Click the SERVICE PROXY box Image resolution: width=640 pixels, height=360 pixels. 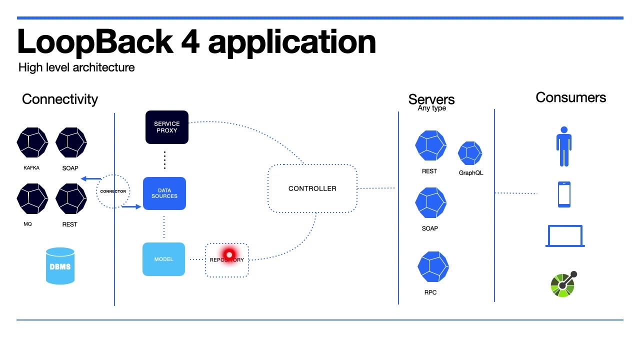click(166, 127)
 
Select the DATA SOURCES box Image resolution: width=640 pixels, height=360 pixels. click(164, 193)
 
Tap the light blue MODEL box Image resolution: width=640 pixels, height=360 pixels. click(163, 259)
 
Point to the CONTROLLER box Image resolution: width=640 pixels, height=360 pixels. click(312, 188)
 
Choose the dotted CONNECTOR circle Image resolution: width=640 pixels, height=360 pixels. click(112, 191)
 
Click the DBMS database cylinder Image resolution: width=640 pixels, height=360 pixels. click(60, 266)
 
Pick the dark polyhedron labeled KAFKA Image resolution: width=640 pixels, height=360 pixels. click(32, 142)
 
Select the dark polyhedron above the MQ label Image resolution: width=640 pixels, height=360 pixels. click(32, 198)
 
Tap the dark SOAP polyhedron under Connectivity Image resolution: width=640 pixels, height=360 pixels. click(71, 142)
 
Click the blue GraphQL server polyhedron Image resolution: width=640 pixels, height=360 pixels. click(470, 153)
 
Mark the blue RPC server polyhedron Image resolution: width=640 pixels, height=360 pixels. click(433, 267)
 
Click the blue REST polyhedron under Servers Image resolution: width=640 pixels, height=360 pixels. click(430, 146)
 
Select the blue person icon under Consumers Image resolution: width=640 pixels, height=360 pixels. click(563, 146)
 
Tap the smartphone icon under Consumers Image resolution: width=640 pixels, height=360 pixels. click(564, 194)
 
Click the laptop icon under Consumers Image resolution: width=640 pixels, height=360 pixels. click(565, 236)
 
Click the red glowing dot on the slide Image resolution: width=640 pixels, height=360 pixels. click(229, 255)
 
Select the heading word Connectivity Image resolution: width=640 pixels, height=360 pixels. click(60, 99)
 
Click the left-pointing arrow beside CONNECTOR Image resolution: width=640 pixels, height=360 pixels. click(90, 178)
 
